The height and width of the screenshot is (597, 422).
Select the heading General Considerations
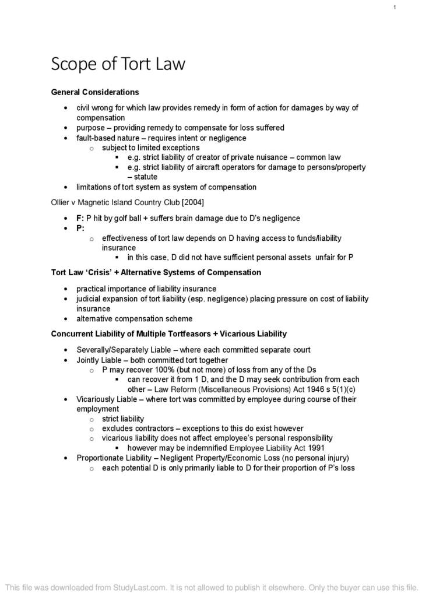tap(95, 92)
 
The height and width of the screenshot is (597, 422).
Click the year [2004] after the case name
tap(193, 202)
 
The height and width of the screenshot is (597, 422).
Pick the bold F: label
tap(80, 218)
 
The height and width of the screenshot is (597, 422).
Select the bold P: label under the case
tap(80, 228)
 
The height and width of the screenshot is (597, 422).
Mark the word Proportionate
tap(101, 458)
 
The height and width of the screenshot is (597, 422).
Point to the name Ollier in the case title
tap(61, 202)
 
